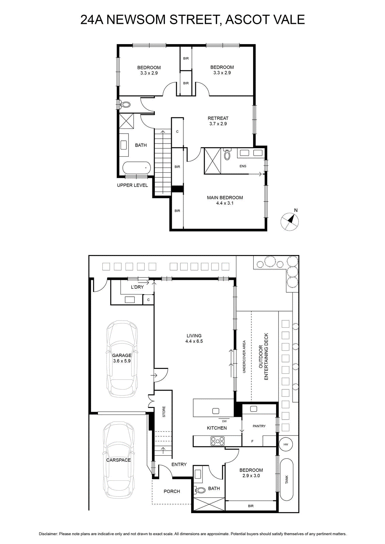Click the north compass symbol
pyautogui.click(x=289, y=221)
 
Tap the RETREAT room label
pyautogui.click(x=218, y=118)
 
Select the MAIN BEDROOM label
pyautogui.click(x=225, y=198)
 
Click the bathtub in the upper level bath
pyautogui.click(x=136, y=168)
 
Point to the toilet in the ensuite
pyautogui.click(x=227, y=154)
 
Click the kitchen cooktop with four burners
pyautogui.click(x=217, y=441)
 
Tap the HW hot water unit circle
pyautogui.click(x=286, y=444)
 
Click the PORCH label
pyautogui.click(x=172, y=491)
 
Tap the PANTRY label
pyautogui.click(x=259, y=426)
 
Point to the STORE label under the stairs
pyautogui.click(x=164, y=412)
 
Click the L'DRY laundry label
pyautogui.click(x=137, y=287)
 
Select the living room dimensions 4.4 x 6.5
pyautogui.click(x=194, y=341)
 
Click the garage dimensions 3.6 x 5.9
pyautogui.click(x=122, y=361)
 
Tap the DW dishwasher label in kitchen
pyautogui.click(x=224, y=421)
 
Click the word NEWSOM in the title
pyautogui.click(x=136, y=19)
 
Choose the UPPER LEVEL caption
pyautogui.click(x=132, y=185)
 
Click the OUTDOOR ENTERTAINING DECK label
pyautogui.click(x=263, y=357)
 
